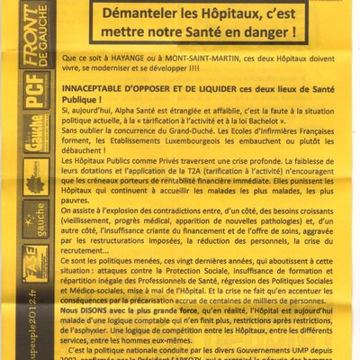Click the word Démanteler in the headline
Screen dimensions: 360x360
[x=140, y=15]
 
